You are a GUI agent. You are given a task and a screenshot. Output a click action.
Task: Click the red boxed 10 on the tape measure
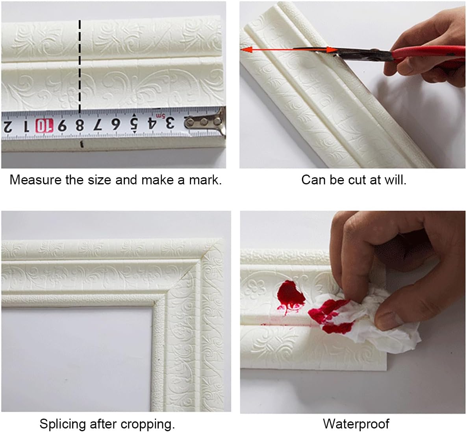43,126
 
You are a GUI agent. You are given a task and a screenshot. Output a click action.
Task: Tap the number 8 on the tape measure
79,125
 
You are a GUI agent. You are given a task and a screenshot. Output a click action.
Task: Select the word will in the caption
396,180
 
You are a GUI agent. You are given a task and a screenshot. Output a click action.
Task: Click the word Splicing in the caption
63,424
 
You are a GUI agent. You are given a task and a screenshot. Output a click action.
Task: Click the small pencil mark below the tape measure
82,143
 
